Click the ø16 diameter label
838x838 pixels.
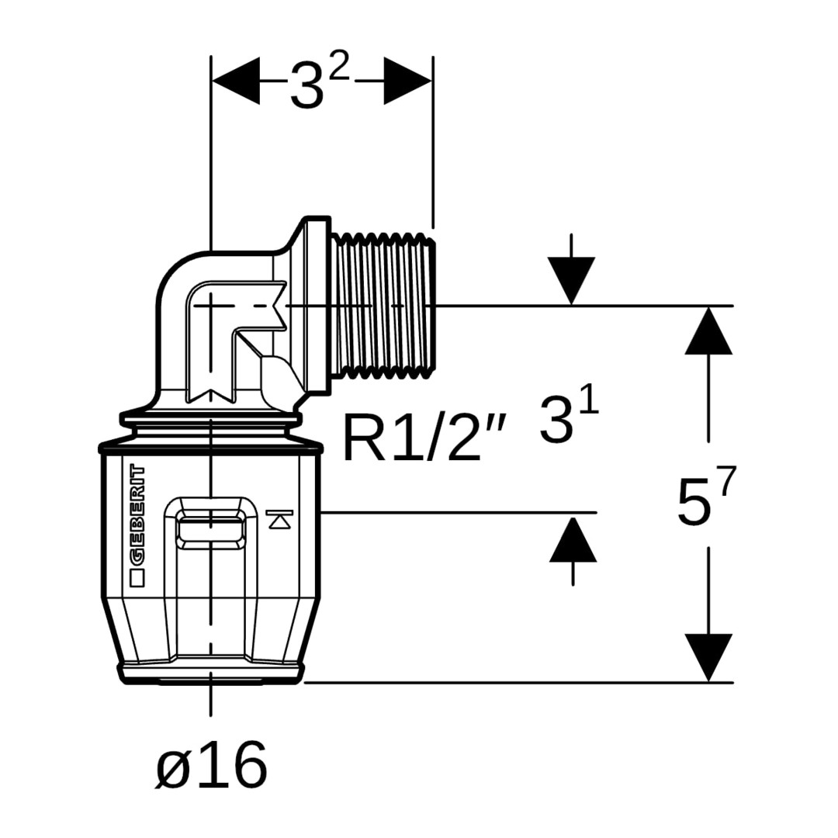211,765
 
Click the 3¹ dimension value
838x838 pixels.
569,420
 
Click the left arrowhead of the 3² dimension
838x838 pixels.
236,81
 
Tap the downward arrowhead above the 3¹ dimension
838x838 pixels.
571,280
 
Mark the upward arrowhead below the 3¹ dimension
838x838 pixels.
573,538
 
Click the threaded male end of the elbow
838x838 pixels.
383,306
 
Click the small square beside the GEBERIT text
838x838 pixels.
137,577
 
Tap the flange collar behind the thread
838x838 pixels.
317,306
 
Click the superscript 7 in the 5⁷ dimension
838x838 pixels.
725,483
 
